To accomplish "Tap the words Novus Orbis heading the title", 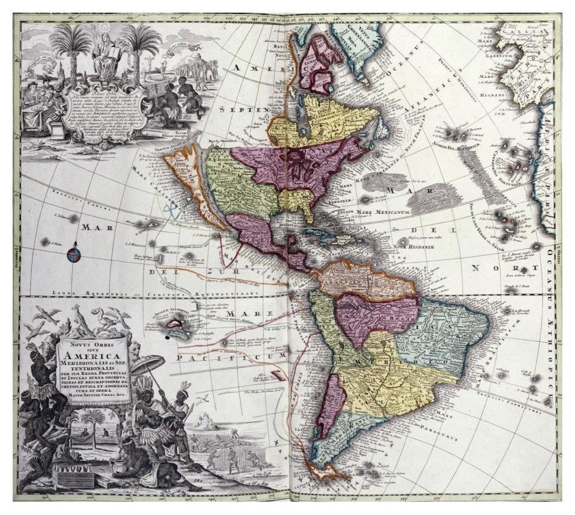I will (x=93, y=344).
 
